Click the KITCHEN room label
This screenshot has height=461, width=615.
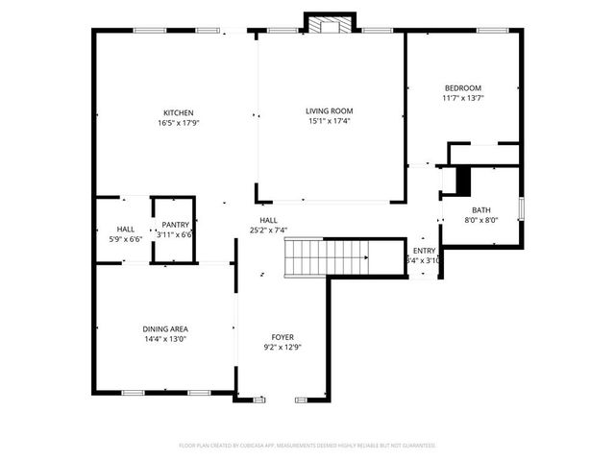pos(178,112)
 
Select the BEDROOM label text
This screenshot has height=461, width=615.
pos(462,88)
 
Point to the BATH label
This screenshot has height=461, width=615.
pos(480,210)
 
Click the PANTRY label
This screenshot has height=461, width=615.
pos(176,225)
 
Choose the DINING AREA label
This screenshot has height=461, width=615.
pos(165,328)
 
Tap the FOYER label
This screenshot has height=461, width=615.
pos(283,337)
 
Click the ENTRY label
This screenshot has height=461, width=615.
pos(424,251)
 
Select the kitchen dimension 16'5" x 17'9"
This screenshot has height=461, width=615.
pos(178,122)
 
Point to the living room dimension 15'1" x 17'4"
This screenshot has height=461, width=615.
pos(329,122)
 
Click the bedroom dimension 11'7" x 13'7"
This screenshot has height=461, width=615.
pos(462,98)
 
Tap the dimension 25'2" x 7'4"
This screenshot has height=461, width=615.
pos(269,230)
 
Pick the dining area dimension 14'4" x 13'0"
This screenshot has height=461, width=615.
pos(165,338)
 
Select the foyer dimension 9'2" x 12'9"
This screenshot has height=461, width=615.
pos(283,347)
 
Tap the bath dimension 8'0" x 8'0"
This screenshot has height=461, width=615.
pos(480,220)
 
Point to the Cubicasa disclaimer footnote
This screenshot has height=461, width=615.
pos(307,446)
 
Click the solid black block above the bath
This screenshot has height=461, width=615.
pos(464,181)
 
